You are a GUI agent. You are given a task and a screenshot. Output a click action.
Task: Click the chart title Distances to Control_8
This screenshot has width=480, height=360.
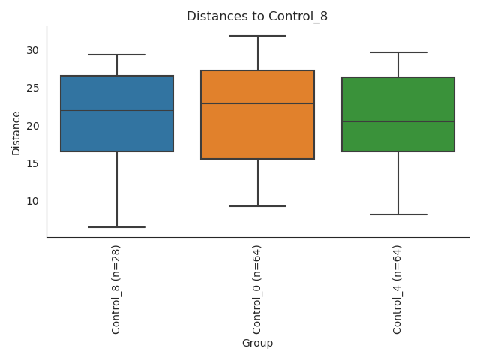pyautogui.click(x=257, y=16)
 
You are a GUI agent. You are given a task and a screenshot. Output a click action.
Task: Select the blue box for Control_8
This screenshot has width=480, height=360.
pyautogui.click(x=117, y=131)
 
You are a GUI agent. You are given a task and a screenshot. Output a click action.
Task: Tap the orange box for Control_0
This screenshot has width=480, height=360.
pyautogui.click(x=257, y=131)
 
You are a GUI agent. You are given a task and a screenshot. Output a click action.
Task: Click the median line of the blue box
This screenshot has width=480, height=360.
pyautogui.click(x=117, y=110)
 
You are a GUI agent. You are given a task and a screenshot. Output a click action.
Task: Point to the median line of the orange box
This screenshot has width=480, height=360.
pyautogui.click(x=257, y=103)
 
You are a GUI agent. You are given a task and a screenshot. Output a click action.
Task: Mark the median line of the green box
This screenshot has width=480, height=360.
pyautogui.click(x=398, y=121)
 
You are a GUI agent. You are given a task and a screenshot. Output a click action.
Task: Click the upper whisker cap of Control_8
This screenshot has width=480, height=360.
pyautogui.click(x=117, y=55)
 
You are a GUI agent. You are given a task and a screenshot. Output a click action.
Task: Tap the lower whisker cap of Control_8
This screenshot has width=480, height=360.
pyautogui.click(x=117, y=227)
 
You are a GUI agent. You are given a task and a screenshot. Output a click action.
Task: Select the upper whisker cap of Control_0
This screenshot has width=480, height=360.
pyautogui.click(x=257, y=36)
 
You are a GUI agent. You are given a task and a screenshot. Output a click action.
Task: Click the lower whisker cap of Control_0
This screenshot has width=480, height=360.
pyautogui.click(x=257, y=206)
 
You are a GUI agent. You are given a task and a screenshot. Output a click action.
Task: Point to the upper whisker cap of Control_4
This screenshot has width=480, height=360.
pyautogui.click(x=398, y=52)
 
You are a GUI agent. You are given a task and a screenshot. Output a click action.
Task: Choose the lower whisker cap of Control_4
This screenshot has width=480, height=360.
pyautogui.click(x=398, y=214)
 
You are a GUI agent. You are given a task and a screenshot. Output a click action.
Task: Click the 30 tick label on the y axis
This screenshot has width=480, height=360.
pyautogui.click(x=33, y=51)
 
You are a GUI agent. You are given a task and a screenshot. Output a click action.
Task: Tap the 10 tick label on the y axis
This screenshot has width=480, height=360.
pyautogui.click(x=33, y=201)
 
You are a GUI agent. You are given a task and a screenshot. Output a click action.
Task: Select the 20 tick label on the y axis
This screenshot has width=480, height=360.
pyautogui.click(x=33, y=126)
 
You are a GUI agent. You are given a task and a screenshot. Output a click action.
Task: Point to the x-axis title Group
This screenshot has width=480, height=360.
pyautogui.click(x=257, y=343)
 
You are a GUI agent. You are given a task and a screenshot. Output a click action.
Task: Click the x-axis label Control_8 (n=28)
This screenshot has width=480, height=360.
pyautogui.click(x=116, y=289)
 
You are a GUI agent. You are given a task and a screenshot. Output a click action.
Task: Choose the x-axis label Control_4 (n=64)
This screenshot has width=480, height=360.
pyautogui.click(x=397, y=289)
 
